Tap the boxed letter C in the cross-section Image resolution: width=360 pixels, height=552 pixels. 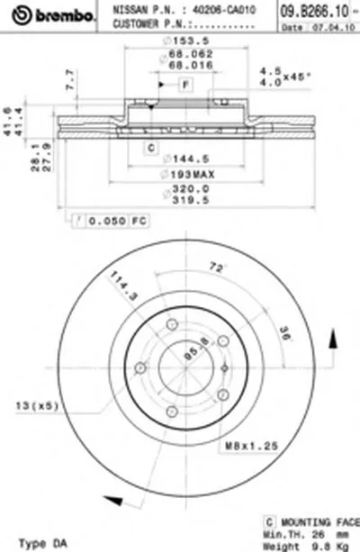point(152,147)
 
